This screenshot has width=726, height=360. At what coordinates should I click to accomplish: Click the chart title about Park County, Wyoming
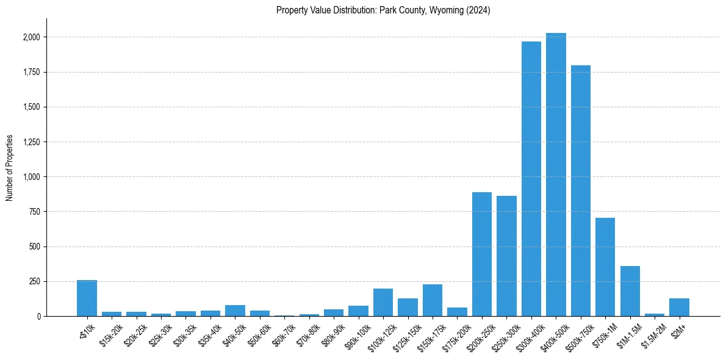(x=383, y=10)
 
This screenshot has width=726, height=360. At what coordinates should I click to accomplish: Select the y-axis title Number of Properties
(x=10, y=168)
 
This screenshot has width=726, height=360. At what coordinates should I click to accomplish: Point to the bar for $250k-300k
(x=506, y=256)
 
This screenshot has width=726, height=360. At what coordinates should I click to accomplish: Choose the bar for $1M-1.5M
(x=630, y=291)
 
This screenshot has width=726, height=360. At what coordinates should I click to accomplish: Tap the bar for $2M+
(x=679, y=308)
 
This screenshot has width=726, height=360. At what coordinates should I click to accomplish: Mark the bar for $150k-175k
(x=433, y=300)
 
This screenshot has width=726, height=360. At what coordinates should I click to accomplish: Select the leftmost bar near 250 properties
(x=87, y=298)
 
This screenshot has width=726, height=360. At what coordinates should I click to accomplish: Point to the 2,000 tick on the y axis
(x=31, y=37)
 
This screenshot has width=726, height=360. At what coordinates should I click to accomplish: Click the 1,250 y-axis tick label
(x=31, y=142)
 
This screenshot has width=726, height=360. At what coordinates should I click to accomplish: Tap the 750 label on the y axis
(x=34, y=212)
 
